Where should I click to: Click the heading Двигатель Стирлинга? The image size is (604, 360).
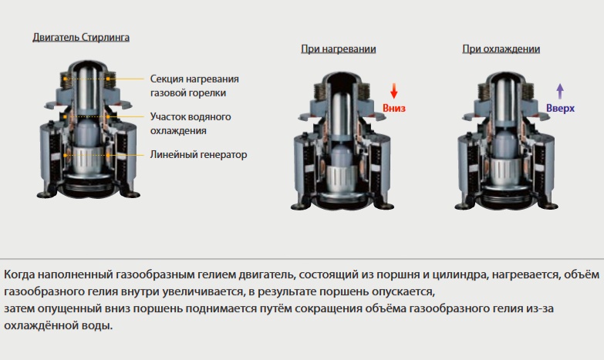click(x=81, y=37)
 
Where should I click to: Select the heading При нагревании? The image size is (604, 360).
click(x=338, y=49)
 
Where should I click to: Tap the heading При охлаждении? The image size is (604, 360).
click(x=501, y=49)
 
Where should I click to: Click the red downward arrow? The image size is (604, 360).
click(x=393, y=91)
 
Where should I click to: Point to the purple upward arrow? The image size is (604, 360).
click(x=560, y=91)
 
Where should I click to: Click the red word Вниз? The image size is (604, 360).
click(x=394, y=108)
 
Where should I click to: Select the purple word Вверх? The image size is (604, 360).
click(x=561, y=109)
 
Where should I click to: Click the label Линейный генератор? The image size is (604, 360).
click(x=198, y=155)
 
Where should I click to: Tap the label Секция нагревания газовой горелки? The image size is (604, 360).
click(x=194, y=86)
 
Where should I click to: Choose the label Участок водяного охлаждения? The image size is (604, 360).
click(x=191, y=123)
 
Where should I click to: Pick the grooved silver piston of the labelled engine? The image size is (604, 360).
click(x=88, y=160)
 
